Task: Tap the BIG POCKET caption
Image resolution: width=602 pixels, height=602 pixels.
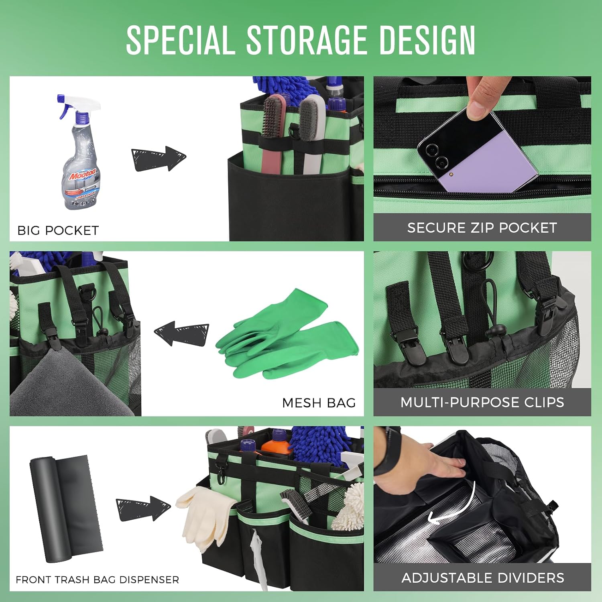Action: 58,230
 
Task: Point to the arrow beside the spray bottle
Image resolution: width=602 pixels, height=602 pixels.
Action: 159,159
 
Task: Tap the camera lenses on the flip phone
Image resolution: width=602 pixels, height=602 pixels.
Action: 437,157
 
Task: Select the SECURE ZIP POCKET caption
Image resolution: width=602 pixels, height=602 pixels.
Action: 482,228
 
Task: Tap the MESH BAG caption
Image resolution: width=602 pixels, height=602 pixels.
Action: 319,403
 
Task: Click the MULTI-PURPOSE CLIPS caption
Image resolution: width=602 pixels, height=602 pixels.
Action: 482,402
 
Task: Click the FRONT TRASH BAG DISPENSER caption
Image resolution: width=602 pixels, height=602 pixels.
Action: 98,580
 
